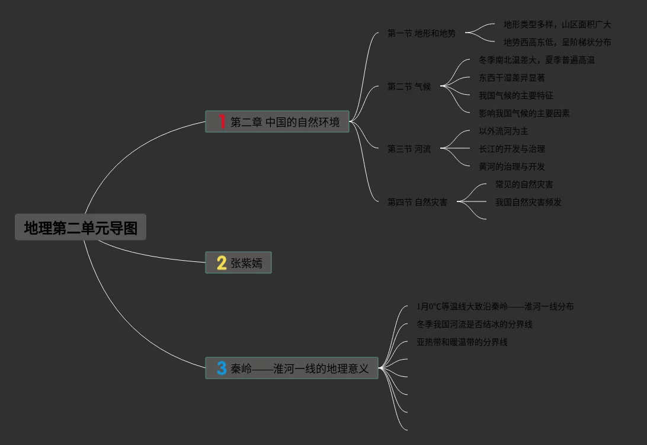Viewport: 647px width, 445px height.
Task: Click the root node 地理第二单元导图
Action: (81, 228)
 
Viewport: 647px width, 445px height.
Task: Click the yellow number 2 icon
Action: (222, 262)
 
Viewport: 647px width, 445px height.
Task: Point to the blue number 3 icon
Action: (222, 368)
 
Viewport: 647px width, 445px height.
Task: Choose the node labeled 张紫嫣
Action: (246, 262)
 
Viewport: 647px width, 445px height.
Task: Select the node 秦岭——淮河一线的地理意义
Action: (300, 368)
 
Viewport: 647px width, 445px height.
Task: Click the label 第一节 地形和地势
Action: (421, 33)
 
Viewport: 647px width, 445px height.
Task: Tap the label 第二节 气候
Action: (409, 87)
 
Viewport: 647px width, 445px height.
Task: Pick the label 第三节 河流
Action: (409, 149)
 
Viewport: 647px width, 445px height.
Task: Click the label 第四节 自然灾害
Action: (417, 202)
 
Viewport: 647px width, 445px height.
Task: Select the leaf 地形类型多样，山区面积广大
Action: (557, 24)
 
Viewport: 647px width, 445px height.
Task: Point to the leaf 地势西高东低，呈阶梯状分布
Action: (557, 42)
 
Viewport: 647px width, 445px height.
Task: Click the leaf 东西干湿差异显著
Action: (511, 78)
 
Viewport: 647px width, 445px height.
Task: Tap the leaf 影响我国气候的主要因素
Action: (524, 113)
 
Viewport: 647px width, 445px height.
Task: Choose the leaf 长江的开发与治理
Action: (511, 149)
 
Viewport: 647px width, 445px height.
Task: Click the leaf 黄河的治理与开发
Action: (511, 167)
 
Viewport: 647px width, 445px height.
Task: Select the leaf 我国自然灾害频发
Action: (528, 202)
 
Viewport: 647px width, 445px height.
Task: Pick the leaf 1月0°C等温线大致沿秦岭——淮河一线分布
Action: (495, 306)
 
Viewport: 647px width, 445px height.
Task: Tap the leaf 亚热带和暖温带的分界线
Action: (462, 342)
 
